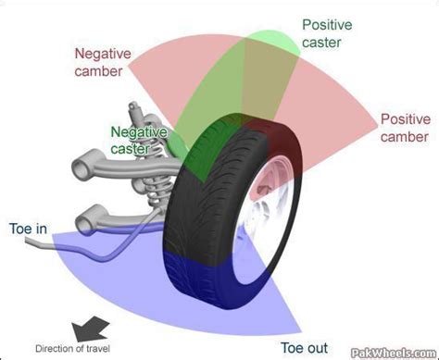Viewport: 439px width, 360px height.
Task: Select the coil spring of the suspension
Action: tap(157, 184)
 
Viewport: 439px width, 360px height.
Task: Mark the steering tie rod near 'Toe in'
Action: tap(56, 244)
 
